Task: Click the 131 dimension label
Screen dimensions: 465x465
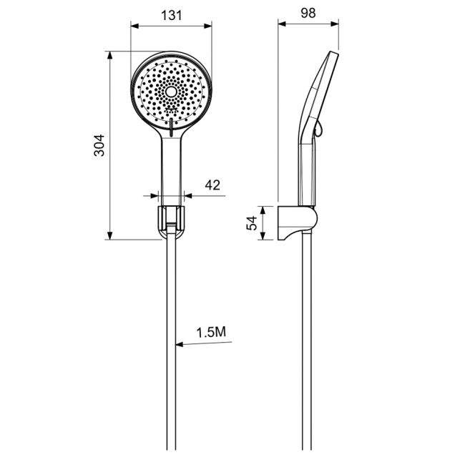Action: coord(172,15)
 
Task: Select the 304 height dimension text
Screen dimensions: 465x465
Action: coord(99,145)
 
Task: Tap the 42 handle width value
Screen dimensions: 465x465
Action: coord(212,185)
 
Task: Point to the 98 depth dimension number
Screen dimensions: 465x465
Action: coord(308,13)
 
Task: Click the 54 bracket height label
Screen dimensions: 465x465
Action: coord(252,223)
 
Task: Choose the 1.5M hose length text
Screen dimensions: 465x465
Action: coord(211,332)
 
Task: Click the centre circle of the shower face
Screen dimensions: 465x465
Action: coord(171,92)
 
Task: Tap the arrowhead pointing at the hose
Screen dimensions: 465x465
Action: coord(180,345)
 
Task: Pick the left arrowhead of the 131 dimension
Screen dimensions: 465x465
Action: coord(135,26)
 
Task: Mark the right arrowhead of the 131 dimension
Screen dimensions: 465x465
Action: coord(208,26)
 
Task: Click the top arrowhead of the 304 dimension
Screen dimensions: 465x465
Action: coord(109,56)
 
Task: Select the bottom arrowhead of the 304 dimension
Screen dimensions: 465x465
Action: coord(109,235)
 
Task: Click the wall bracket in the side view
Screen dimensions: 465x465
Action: coord(298,222)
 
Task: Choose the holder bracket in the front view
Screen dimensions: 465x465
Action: coord(171,221)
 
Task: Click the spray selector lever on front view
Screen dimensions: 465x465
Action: coord(171,127)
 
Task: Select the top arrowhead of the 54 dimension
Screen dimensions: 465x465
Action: coord(263,210)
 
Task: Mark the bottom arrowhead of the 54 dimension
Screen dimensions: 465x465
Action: coord(263,236)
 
